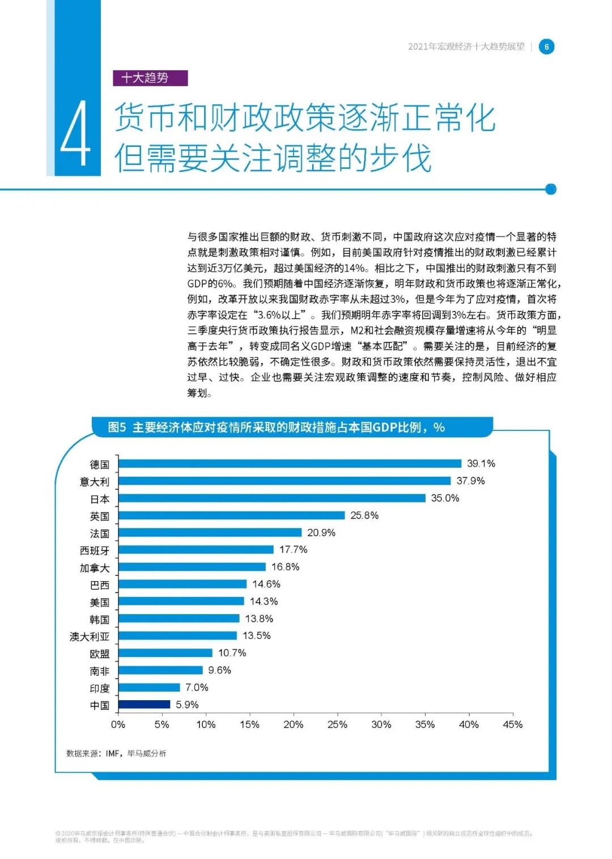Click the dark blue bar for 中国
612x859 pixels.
click(144, 704)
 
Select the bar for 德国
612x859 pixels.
click(290, 463)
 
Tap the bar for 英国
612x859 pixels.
click(231, 515)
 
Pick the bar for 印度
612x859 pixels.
click(149, 687)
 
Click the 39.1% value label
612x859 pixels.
click(481, 463)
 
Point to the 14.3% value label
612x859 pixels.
click(263, 601)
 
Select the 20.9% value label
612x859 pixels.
click(321, 532)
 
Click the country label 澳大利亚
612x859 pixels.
click(90, 636)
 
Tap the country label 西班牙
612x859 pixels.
click(95, 550)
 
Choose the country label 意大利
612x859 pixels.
click(95, 481)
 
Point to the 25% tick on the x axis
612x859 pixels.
click(337, 724)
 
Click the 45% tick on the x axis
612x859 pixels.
click(512, 724)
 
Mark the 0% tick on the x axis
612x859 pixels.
click(118, 724)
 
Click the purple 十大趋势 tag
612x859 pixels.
click(150, 78)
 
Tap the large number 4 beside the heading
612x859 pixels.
click(75, 134)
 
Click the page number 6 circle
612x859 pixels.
click(546, 46)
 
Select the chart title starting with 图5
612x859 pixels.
click(276, 427)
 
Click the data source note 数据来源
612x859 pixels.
click(116, 753)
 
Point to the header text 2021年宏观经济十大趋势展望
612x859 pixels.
click(466, 46)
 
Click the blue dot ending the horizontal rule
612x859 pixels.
click(550, 189)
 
